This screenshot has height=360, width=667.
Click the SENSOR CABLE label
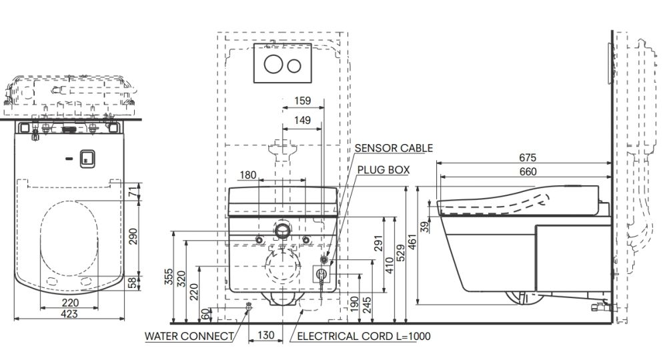(x=394, y=148)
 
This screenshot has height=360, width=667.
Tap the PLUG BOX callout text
(x=384, y=170)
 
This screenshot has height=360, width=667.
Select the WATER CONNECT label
(x=189, y=336)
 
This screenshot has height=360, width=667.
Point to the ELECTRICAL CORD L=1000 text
(x=364, y=336)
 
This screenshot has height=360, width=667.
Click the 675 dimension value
(x=528, y=158)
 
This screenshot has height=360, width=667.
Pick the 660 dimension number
(x=528, y=171)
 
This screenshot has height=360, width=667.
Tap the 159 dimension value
(x=302, y=101)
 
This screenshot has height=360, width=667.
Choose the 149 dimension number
(x=302, y=120)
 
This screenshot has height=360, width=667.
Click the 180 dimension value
(x=248, y=175)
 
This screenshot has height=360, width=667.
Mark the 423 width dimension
(x=69, y=314)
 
